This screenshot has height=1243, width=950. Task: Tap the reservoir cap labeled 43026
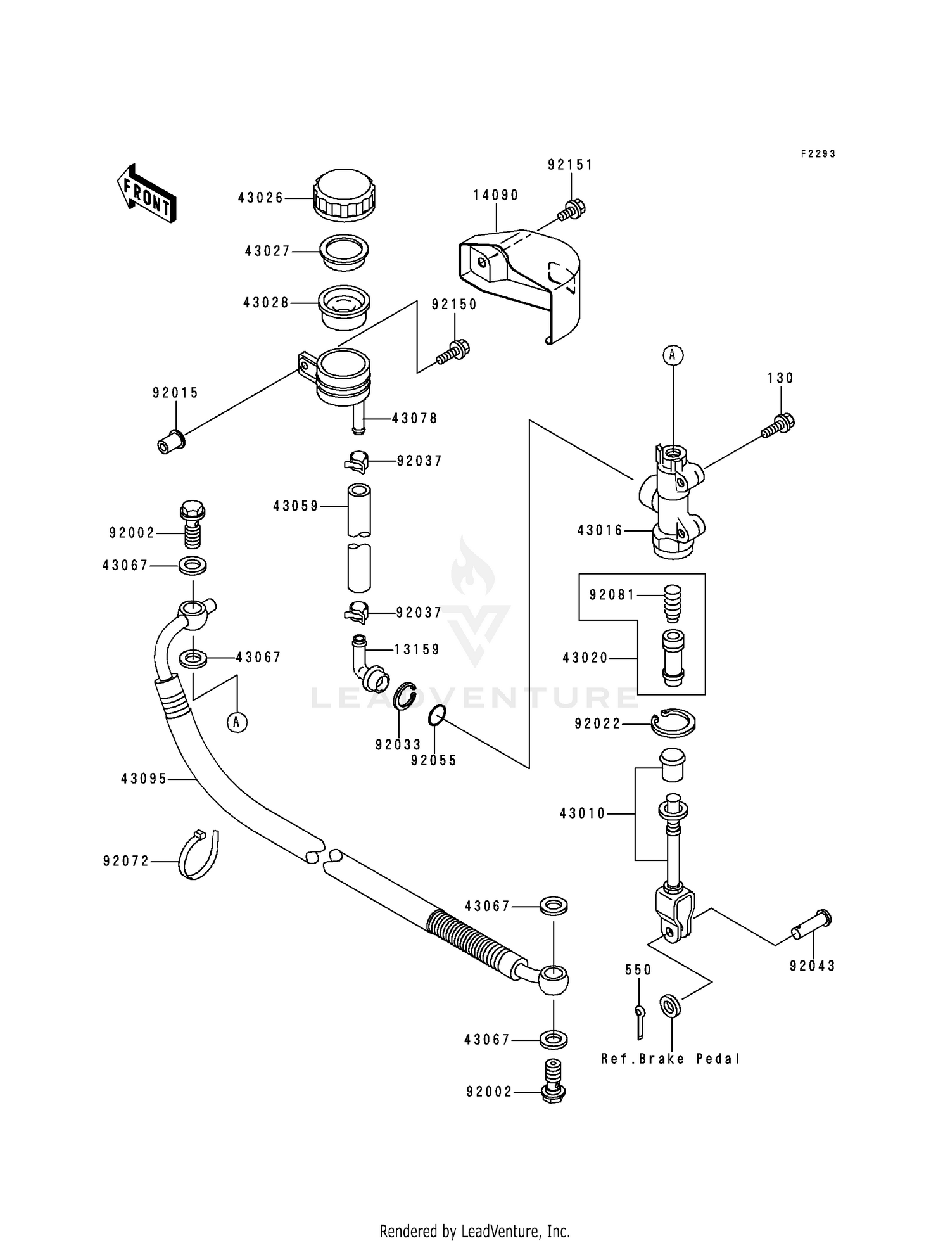345,194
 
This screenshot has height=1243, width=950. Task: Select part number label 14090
496,195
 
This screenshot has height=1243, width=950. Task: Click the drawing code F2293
818,153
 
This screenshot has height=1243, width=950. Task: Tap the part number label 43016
600,530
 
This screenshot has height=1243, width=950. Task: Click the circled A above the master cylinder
673,355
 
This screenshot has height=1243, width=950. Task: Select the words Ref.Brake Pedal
671,1059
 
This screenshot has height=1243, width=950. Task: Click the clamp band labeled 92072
198,855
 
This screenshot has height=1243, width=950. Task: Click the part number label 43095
144,779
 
